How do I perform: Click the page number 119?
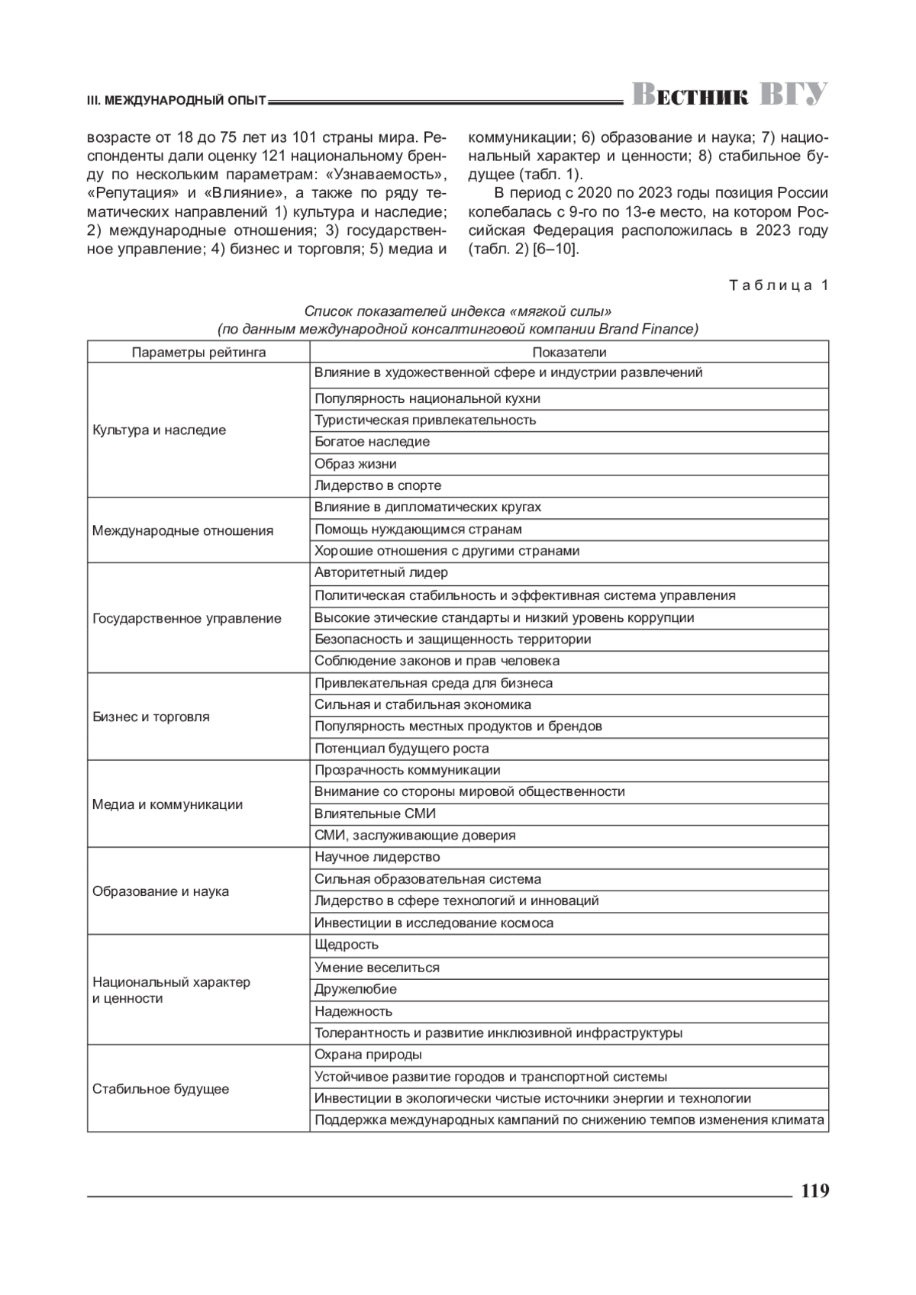pyautogui.click(x=814, y=1191)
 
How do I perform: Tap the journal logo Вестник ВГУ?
pyautogui.click(x=729, y=95)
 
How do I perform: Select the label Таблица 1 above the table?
pyautogui.click(x=778, y=285)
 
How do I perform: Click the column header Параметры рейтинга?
pyautogui.click(x=198, y=352)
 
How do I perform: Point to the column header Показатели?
pyautogui.click(x=569, y=352)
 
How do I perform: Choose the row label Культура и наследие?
pyautogui.click(x=159, y=430)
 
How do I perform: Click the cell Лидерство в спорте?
pyautogui.click(x=378, y=485)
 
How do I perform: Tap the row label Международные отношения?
pyautogui.click(x=182, y=530)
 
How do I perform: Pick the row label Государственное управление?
pyautogui.click(x=187, y=618)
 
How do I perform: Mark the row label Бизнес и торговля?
pyautogui.click(x=150, y=717)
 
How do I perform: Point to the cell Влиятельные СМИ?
pyautogui.click(x=375, y=813)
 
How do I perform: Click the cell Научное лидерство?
pyautogui.click(x=377, y=857)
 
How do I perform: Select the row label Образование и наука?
pyautogui.click(x=160, y=891)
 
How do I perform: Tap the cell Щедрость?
pyautogui.click(x=347, y=945)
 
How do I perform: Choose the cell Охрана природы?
pyautogui.click(x=368, y=1055)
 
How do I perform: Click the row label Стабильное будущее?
pyautogui.click(x=160, y=1089)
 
